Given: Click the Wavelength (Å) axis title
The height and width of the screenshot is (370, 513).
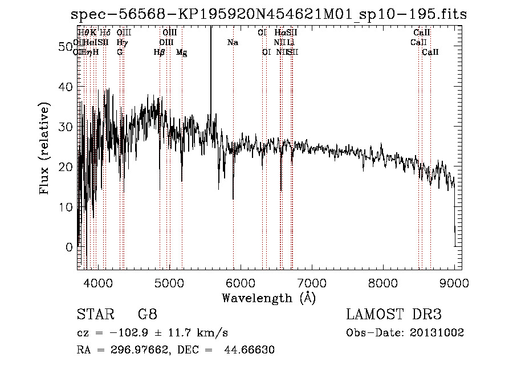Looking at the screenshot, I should coord(268,298).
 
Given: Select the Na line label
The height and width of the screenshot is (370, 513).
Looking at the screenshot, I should coord(233,43).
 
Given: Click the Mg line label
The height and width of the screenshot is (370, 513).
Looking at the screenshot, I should coord(181,52).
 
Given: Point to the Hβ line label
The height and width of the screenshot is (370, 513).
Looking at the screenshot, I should coord(160,52).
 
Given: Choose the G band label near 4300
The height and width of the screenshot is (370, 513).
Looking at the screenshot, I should coord(120,52).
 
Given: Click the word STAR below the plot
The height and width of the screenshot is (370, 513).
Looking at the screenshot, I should coord(91,315).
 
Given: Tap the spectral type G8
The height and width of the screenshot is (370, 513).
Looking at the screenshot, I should coord(147,315).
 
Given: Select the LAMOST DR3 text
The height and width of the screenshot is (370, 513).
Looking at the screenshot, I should coord(393,315).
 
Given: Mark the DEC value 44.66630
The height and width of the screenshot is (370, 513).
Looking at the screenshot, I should coord(251,349).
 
